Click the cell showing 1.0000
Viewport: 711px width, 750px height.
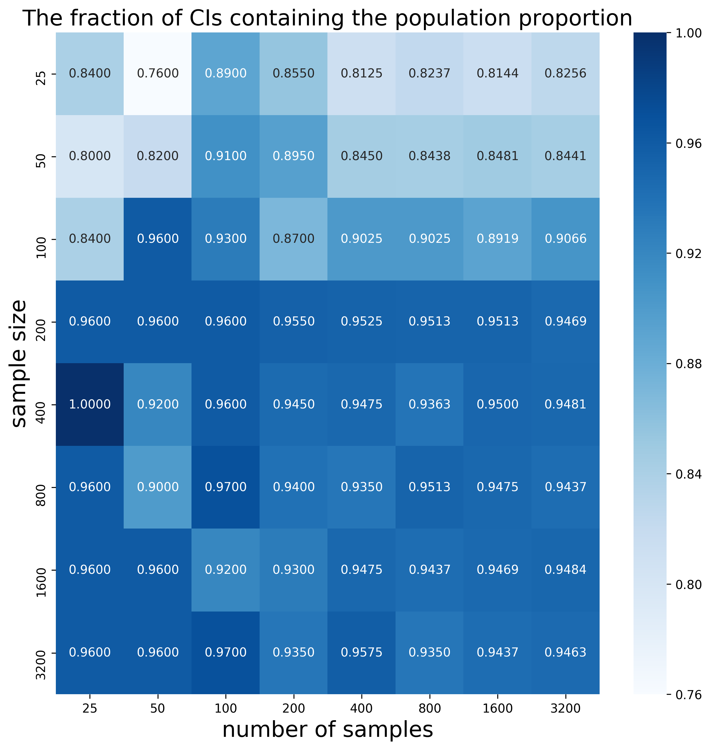90,404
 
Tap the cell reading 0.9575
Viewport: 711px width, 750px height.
362,652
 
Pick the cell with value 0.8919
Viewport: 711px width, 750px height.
497,239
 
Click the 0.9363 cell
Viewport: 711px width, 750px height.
429,404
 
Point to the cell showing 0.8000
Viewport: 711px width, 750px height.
90,156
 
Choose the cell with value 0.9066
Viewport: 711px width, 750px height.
565,239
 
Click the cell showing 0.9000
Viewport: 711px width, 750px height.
158,487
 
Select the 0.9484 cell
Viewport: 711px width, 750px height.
565,569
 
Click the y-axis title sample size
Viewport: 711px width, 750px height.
19,364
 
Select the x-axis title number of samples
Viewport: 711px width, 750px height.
327,730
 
